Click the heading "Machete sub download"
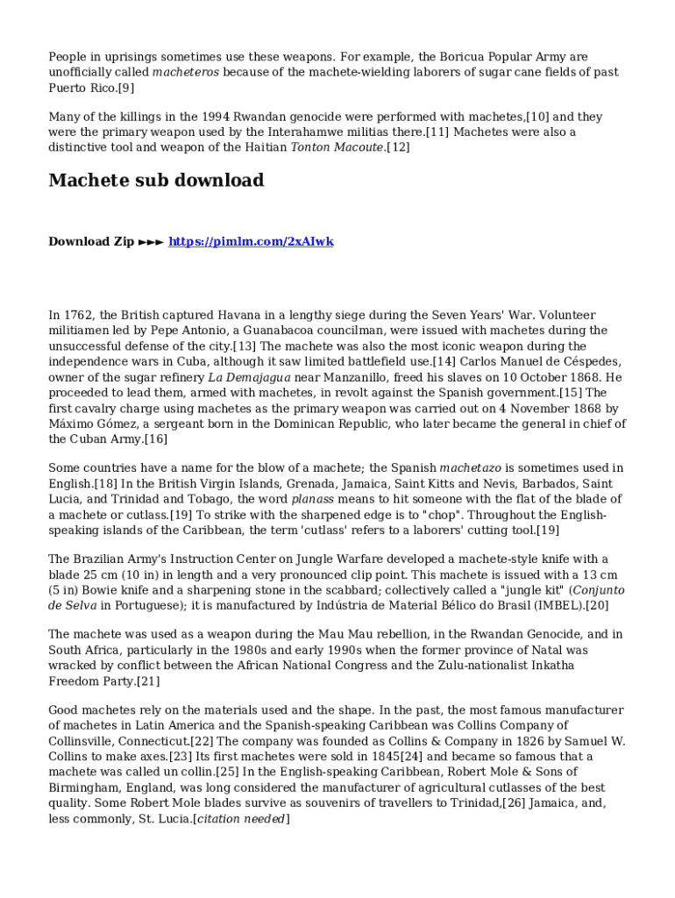[x=156, y=181]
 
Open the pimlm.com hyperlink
[x=251, y=241]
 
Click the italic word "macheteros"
[x=186, y=73]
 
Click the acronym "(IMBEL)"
[x=554, y=606]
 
